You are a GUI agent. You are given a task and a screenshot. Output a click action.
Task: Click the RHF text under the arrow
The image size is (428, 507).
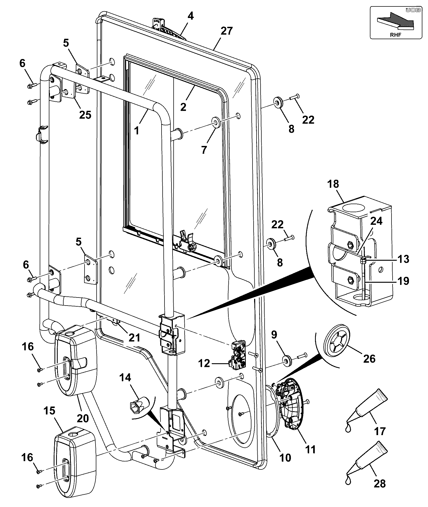point(396,35)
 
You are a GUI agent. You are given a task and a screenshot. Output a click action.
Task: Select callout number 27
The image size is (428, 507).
point(227,31)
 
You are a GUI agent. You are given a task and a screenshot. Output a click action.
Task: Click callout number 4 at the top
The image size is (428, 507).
point(190,16)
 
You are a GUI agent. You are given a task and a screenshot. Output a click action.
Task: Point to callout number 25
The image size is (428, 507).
point(85,115)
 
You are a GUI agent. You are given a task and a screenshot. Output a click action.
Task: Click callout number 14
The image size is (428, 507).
point(125,377)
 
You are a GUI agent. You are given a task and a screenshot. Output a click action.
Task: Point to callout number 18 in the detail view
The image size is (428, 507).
point(333,184)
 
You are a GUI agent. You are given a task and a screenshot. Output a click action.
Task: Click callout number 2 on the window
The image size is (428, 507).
point(183,107)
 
